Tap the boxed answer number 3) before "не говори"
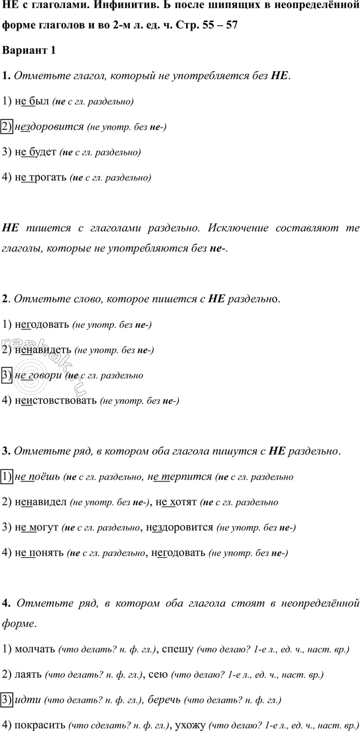8,375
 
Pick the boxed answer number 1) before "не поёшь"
8,477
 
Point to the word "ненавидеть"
43,350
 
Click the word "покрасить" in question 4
39,725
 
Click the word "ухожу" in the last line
188,725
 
